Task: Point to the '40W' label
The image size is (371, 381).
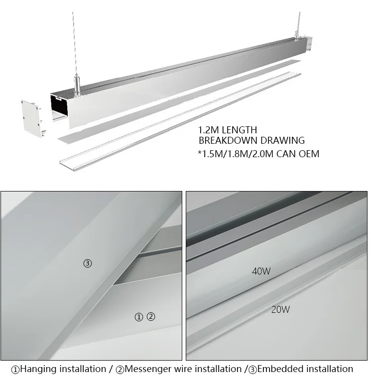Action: pos(262,272)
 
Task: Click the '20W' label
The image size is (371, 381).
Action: pos(280,309)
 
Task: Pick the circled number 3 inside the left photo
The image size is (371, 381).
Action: pos(88,264)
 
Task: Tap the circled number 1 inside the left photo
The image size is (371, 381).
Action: pos(139,316)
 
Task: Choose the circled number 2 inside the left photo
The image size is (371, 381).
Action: pos(151,316)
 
